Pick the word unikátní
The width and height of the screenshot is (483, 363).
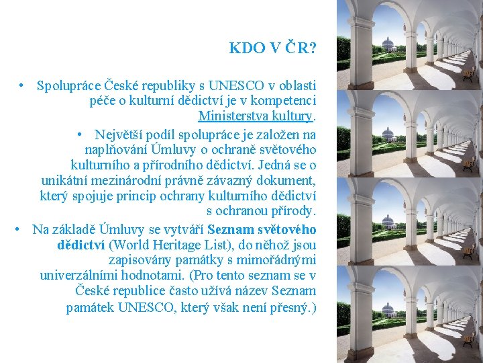click(x=62, y=180)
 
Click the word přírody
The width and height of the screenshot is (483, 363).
click(x=296, y=212)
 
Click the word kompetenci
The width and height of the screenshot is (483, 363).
click(x=285, y=102)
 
